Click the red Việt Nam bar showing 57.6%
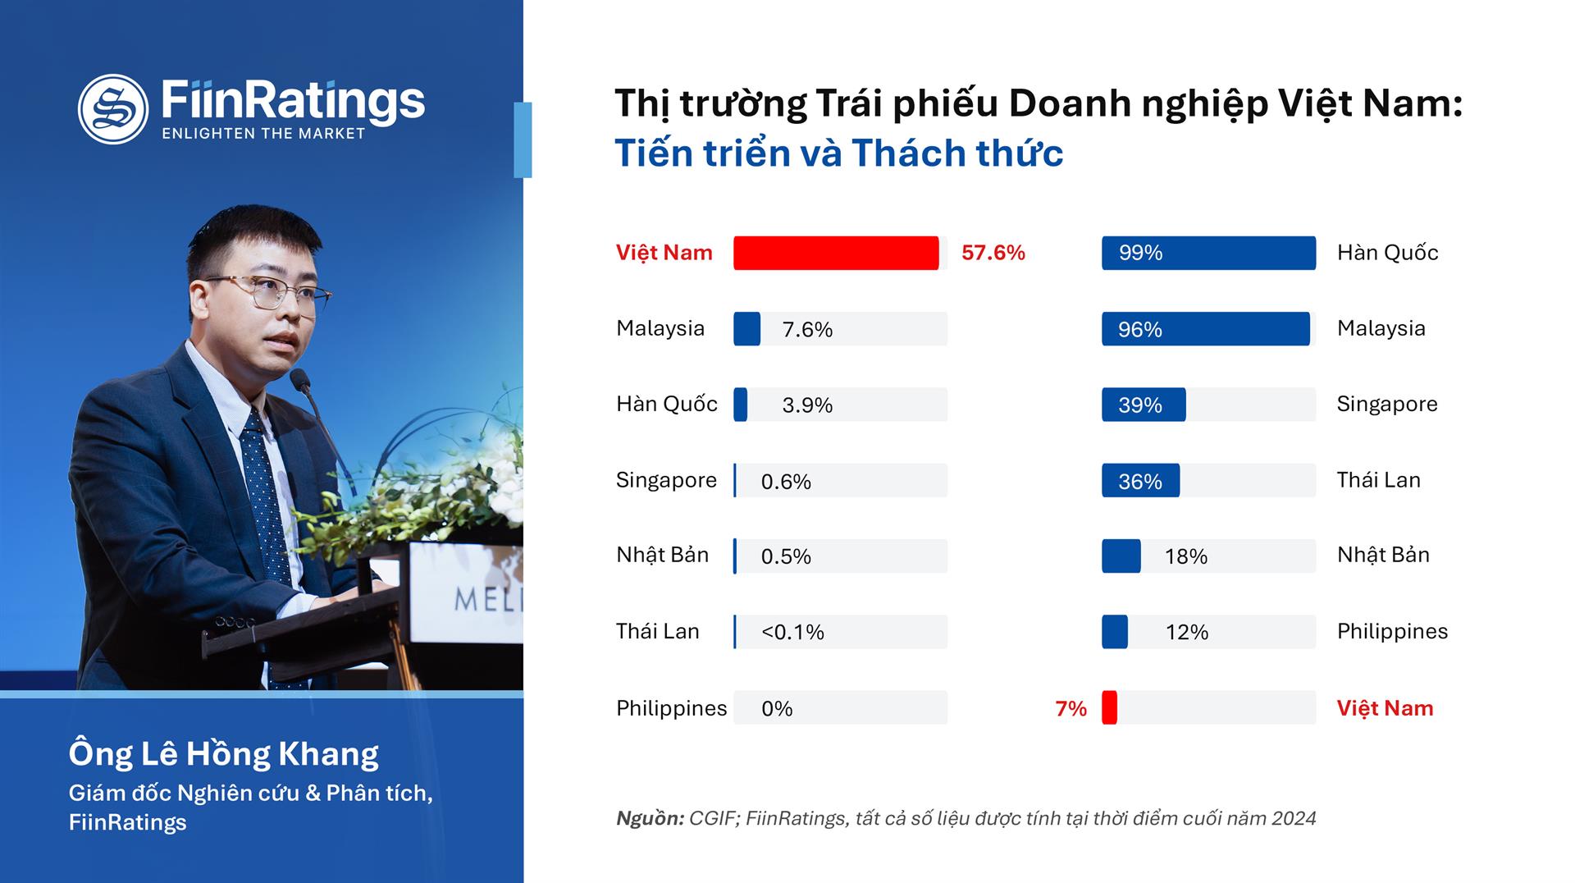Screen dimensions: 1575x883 point(836,253)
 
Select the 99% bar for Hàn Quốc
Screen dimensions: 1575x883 point(1208,253)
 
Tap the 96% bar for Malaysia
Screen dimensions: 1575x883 point(1206,328)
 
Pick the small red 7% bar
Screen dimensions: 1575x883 point(1109,707)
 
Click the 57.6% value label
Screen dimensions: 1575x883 point(993,253)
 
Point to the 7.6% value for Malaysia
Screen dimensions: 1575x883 point(807,329)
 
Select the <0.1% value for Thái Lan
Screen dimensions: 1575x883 point(792,632)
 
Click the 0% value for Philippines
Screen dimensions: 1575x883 point(777,708)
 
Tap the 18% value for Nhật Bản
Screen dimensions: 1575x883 point(1186,556)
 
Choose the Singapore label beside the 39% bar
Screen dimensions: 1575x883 point(1387,404)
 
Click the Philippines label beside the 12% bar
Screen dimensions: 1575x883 point(1392,631)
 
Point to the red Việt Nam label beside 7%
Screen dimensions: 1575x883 point(1385,707)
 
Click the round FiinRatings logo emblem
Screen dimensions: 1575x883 point(113,109)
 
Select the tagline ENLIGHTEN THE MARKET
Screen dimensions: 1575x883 point(263,134)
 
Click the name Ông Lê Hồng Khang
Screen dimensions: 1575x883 point(224,753)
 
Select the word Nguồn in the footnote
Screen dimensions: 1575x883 point(650,818)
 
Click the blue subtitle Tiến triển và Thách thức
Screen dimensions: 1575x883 point(839,153)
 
